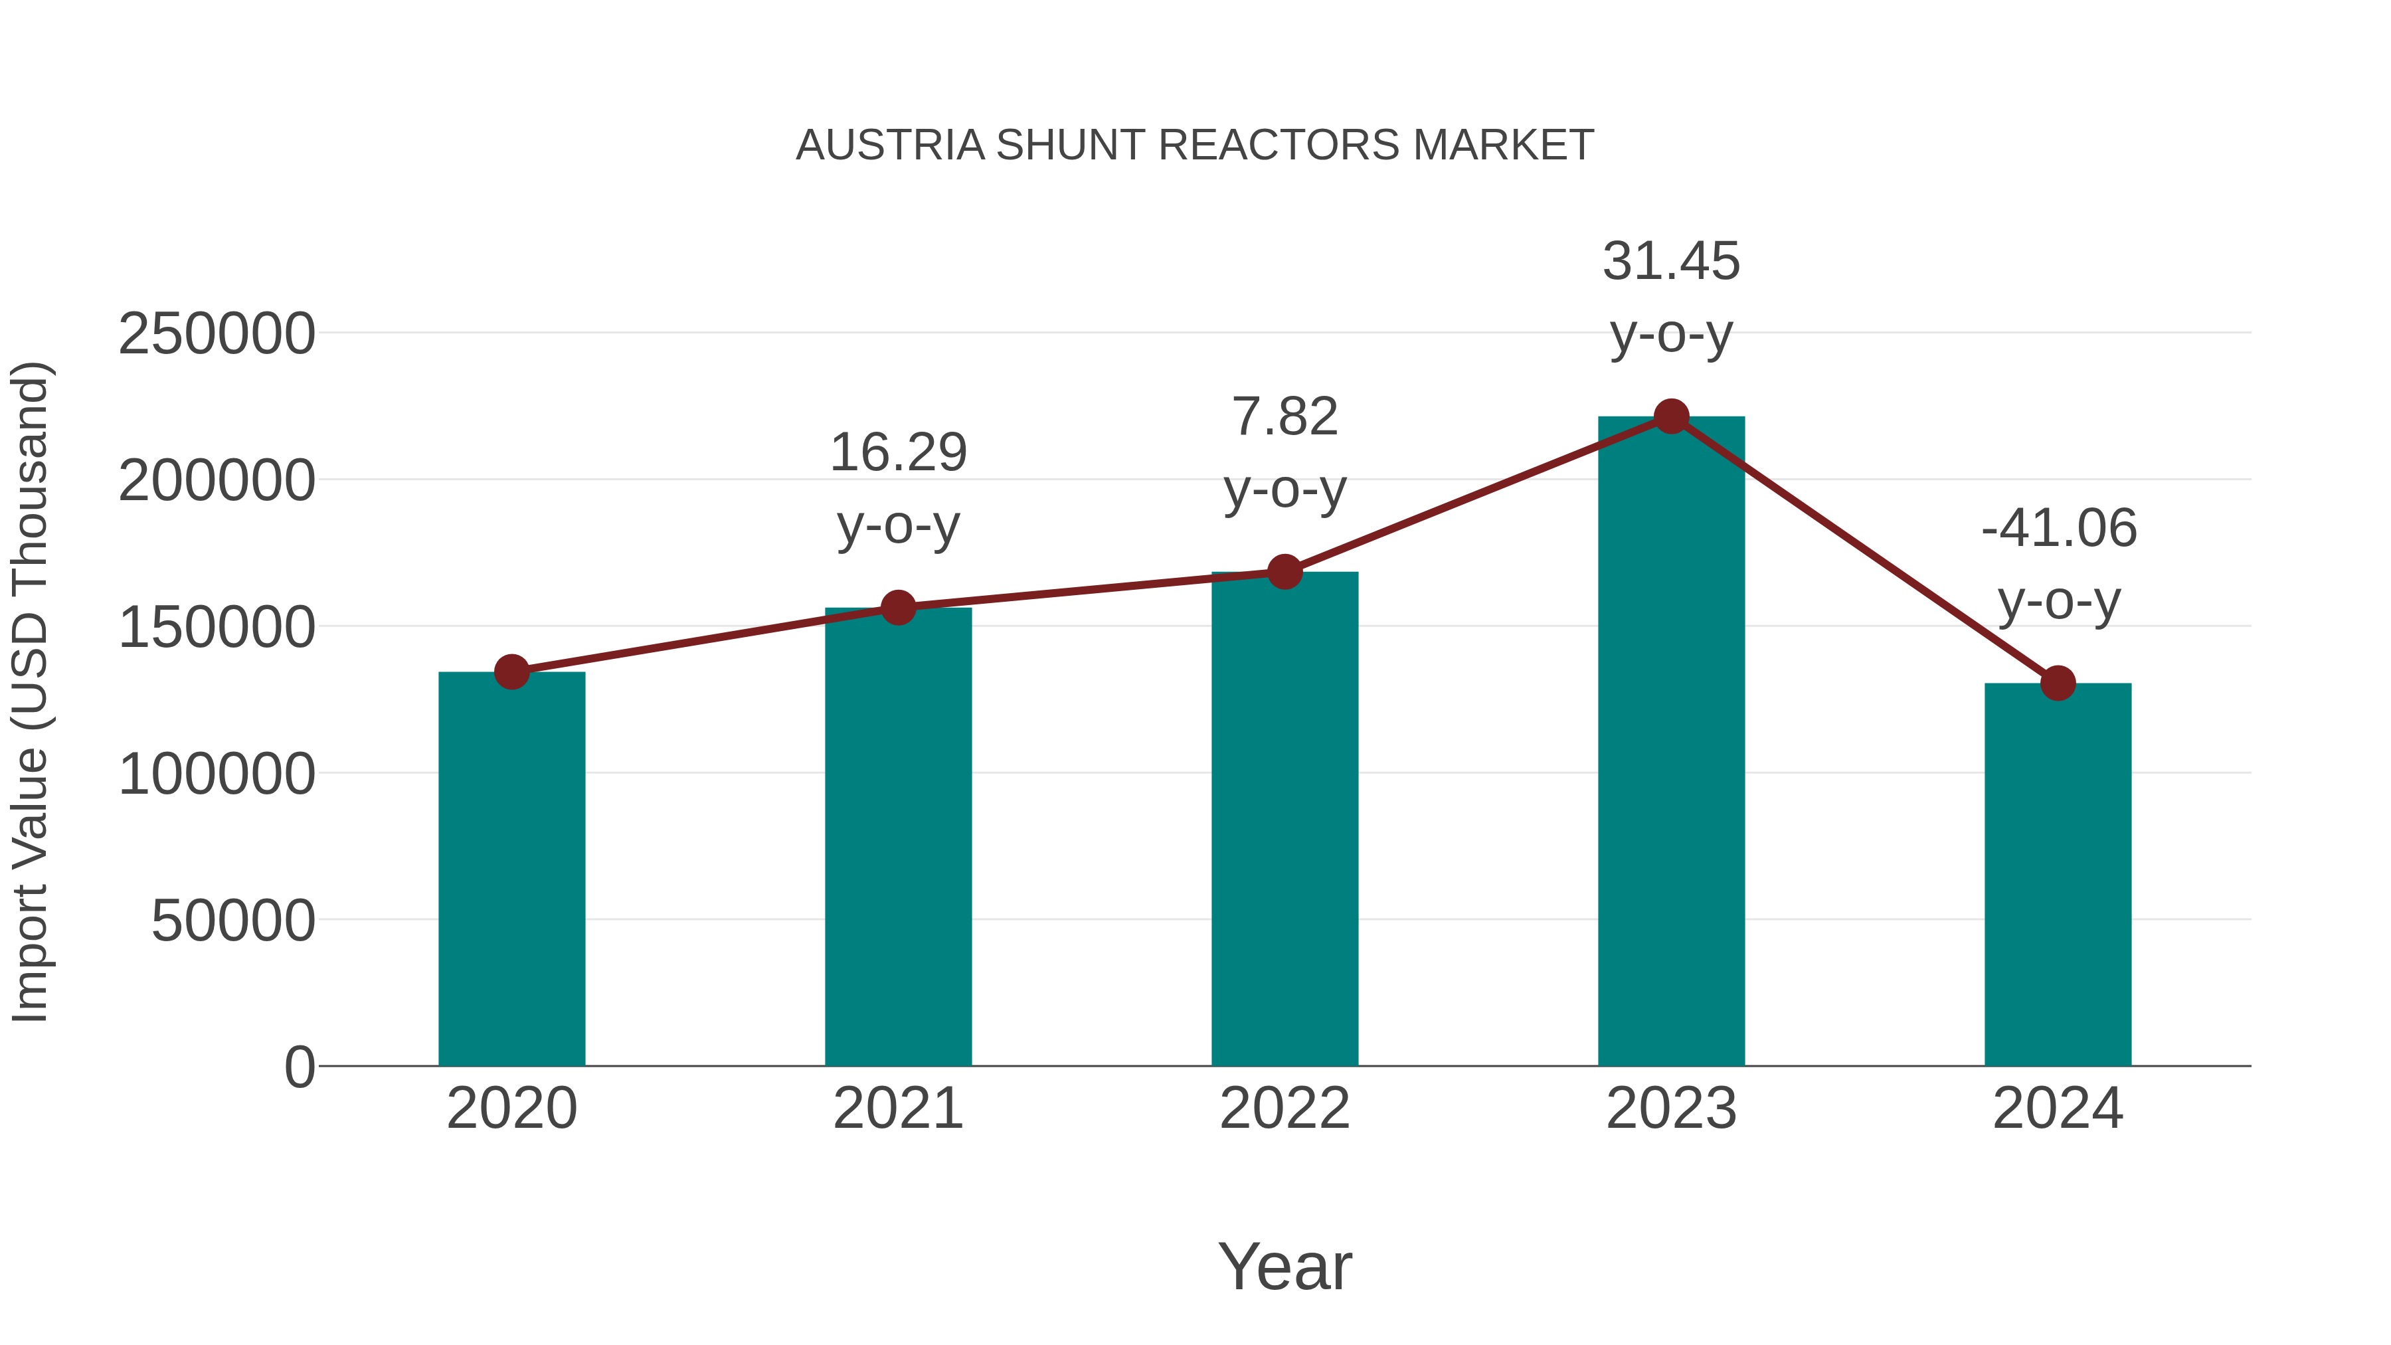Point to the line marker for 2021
pyautogui.click(x=897, y=608)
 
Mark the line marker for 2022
pyautogui.click(x=1284, y=572)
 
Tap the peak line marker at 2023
pyautogui.click(x=1671, y=416)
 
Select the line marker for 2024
pyautogui.click(x=2058, y=683)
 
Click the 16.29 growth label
pyautogui.click(x=897, y=453)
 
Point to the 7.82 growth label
pyautogui.click(x=1284, y=416)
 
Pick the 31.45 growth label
pyautogui.click(x=1671, y=262)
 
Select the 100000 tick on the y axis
pyautogui.click(x=217, y=774)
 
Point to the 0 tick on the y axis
pyautogui.click(x=300, y=1067)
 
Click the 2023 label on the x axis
pyautogui.click(x=1671, y=1109)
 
